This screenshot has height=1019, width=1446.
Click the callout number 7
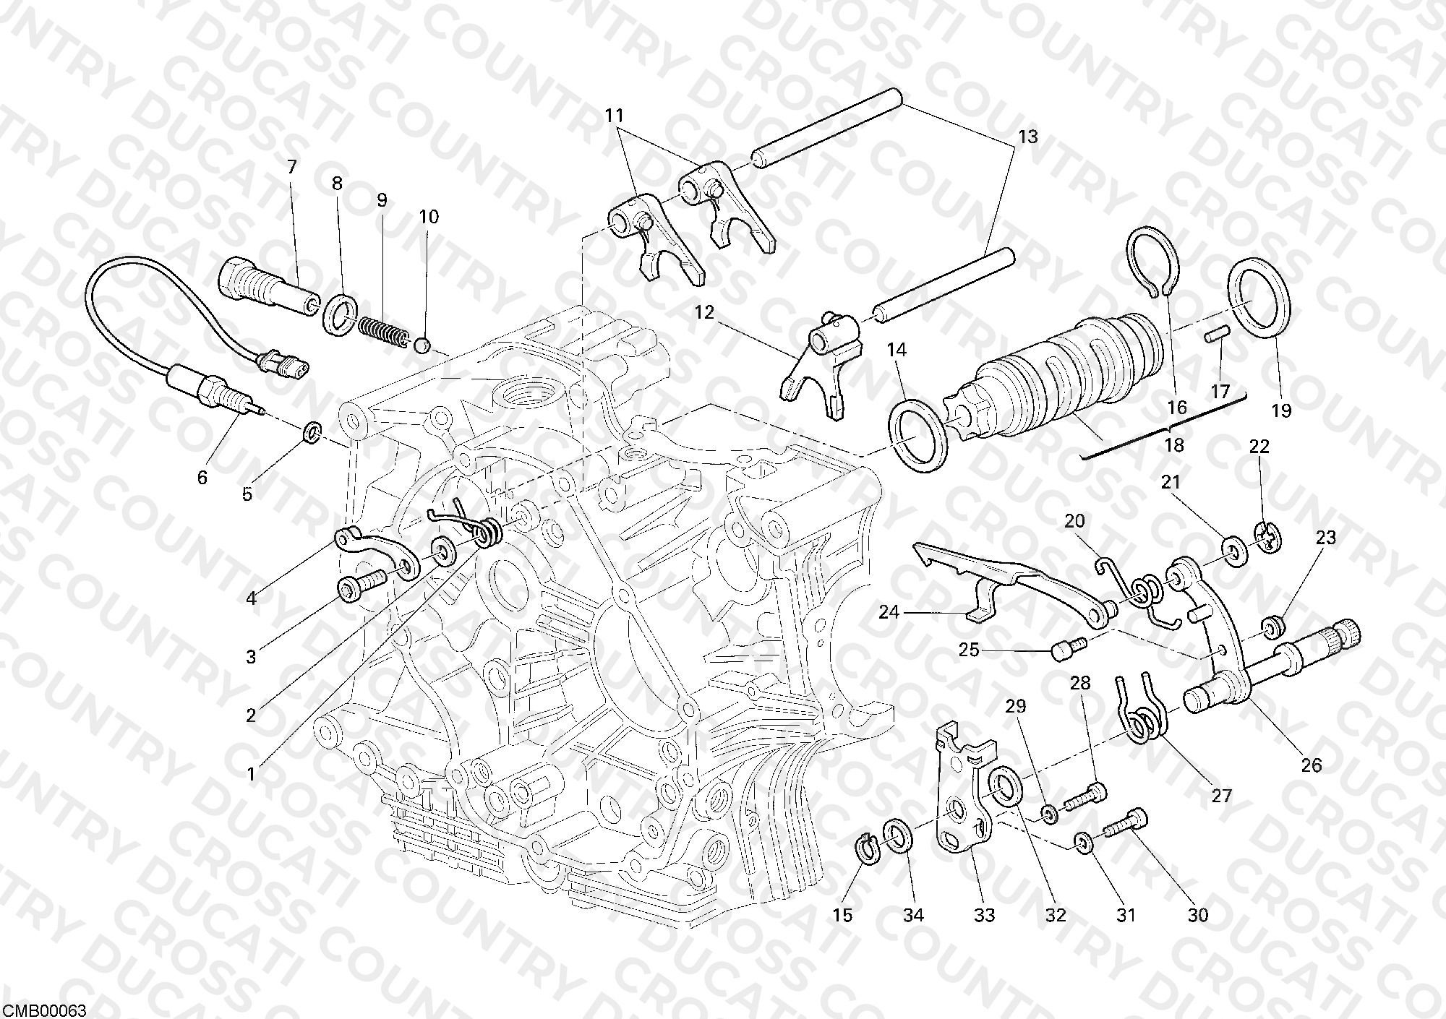coord(291,168)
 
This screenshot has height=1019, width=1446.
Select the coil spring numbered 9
coord(383,329)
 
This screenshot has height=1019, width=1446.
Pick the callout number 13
coord(1027,136)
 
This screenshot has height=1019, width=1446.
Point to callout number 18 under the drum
coord(1175,444)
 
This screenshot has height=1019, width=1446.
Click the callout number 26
coord(1311,765)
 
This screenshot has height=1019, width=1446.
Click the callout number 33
coord(984,915)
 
